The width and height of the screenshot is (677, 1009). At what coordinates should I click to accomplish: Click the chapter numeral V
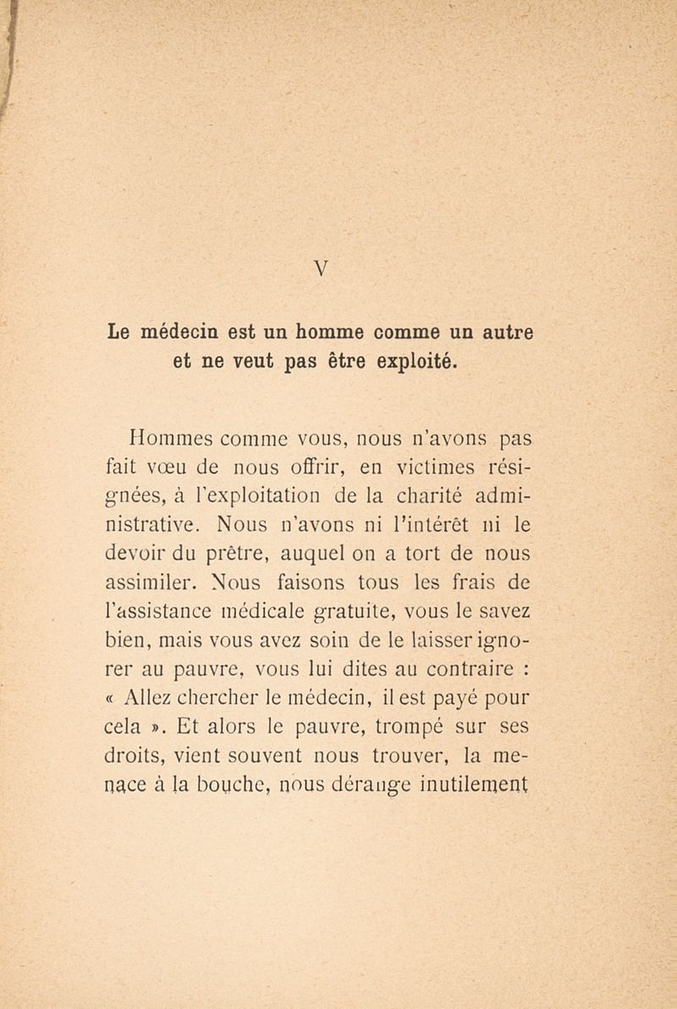(x=322, y=269)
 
